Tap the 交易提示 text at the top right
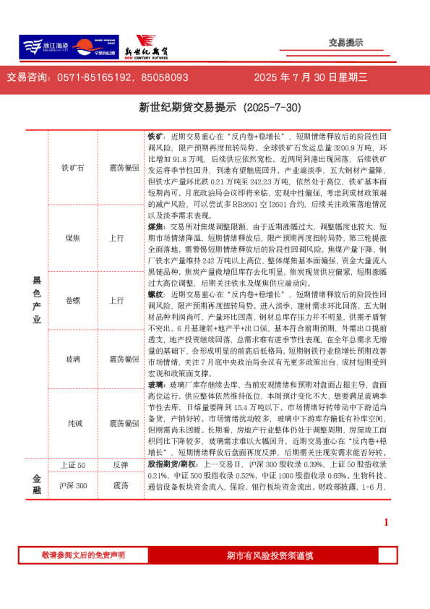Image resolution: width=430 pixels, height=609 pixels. pos(345,43)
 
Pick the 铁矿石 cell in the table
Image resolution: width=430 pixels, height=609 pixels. pos(73,169)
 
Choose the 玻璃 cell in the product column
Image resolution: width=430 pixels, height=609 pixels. pos(73,359)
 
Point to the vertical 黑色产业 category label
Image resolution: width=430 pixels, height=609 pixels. pos(37,299)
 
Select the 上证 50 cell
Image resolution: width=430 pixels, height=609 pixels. pos(73,465)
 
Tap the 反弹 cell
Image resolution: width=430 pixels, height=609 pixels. pos(120,465)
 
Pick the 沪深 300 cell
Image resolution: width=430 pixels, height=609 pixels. pos(73,485)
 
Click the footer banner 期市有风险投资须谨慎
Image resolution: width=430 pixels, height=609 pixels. pos(270,555)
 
